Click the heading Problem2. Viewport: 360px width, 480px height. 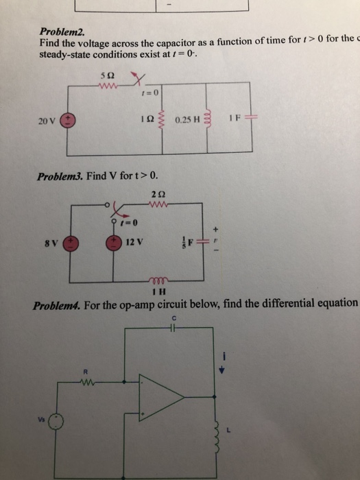pos(60,32)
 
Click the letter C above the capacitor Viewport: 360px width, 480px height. pos(176,317)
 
